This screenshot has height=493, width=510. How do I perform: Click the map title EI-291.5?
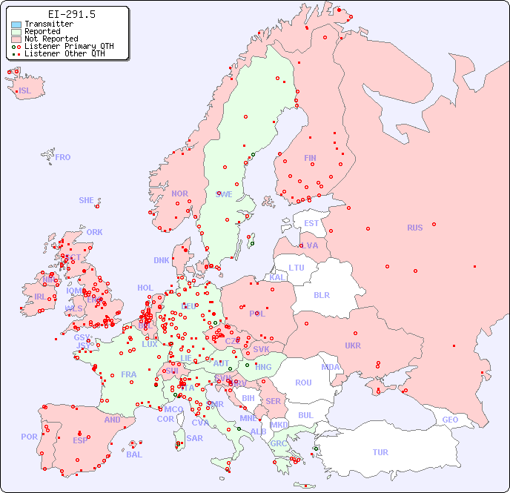[x=71, y=14]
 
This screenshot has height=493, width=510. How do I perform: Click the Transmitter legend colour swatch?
[x=16, y=24]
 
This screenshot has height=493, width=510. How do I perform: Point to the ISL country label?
[x=24, y=91]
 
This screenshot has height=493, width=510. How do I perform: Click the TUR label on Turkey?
[x=380, y=452]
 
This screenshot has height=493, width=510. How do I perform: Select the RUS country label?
[x=414, y=228]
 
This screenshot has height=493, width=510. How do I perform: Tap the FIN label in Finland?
[x=310, y=158]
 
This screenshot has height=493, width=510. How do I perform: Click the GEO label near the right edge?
[x=450, y=420]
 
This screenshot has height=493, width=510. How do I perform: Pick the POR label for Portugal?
[x=29, y=437]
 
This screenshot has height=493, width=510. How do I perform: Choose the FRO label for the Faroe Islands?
[x=62, y=157]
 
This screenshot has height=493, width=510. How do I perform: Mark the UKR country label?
[x=353, y=345]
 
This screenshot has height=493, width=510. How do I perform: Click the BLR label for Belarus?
[x=321, y=294]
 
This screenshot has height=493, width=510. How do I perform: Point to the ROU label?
[x=303, y=383]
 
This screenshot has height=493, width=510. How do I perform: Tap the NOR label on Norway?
[x=179, y=193]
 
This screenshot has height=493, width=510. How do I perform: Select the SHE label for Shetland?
[x=87, y=200]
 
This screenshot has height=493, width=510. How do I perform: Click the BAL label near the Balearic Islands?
[x=134, y=454]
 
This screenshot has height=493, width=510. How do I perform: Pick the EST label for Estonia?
[x=311, y=223]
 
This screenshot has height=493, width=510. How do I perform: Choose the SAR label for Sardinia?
[x=194, y=438]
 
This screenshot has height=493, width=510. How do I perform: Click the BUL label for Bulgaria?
[x=305, y=415]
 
